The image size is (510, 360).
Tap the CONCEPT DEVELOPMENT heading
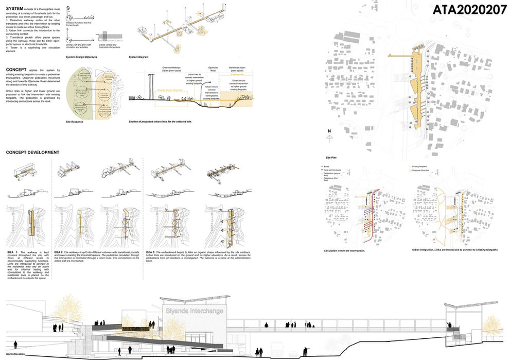(32, 152)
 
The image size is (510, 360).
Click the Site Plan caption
(331, 157)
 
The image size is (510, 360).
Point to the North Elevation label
(17, 355)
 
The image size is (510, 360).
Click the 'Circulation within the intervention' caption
(345, 250)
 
